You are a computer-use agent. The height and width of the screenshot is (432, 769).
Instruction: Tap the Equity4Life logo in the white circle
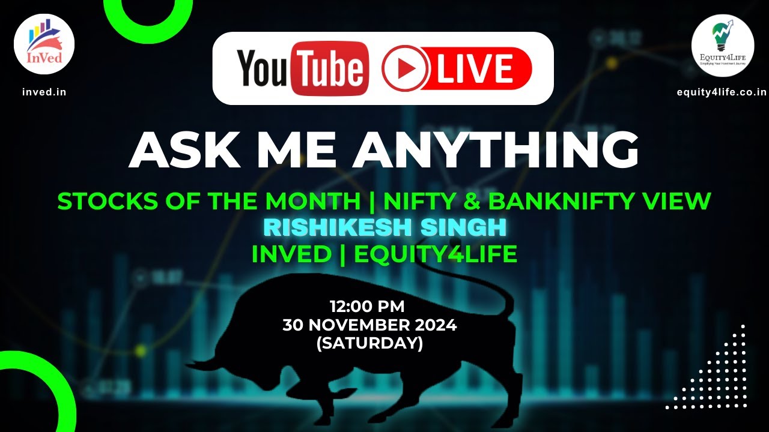point(722,46)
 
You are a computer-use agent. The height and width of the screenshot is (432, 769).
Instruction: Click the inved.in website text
point(44,92)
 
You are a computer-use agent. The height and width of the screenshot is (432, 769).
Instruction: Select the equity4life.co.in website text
point(722,92)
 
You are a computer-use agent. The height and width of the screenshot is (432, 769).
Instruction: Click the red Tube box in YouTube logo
point(330,68)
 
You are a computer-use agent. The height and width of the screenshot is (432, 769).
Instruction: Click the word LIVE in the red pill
point(475,68)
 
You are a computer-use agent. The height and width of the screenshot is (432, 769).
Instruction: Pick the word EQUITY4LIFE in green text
point(436,254)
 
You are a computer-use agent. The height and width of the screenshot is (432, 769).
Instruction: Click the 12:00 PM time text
point(367,307)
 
